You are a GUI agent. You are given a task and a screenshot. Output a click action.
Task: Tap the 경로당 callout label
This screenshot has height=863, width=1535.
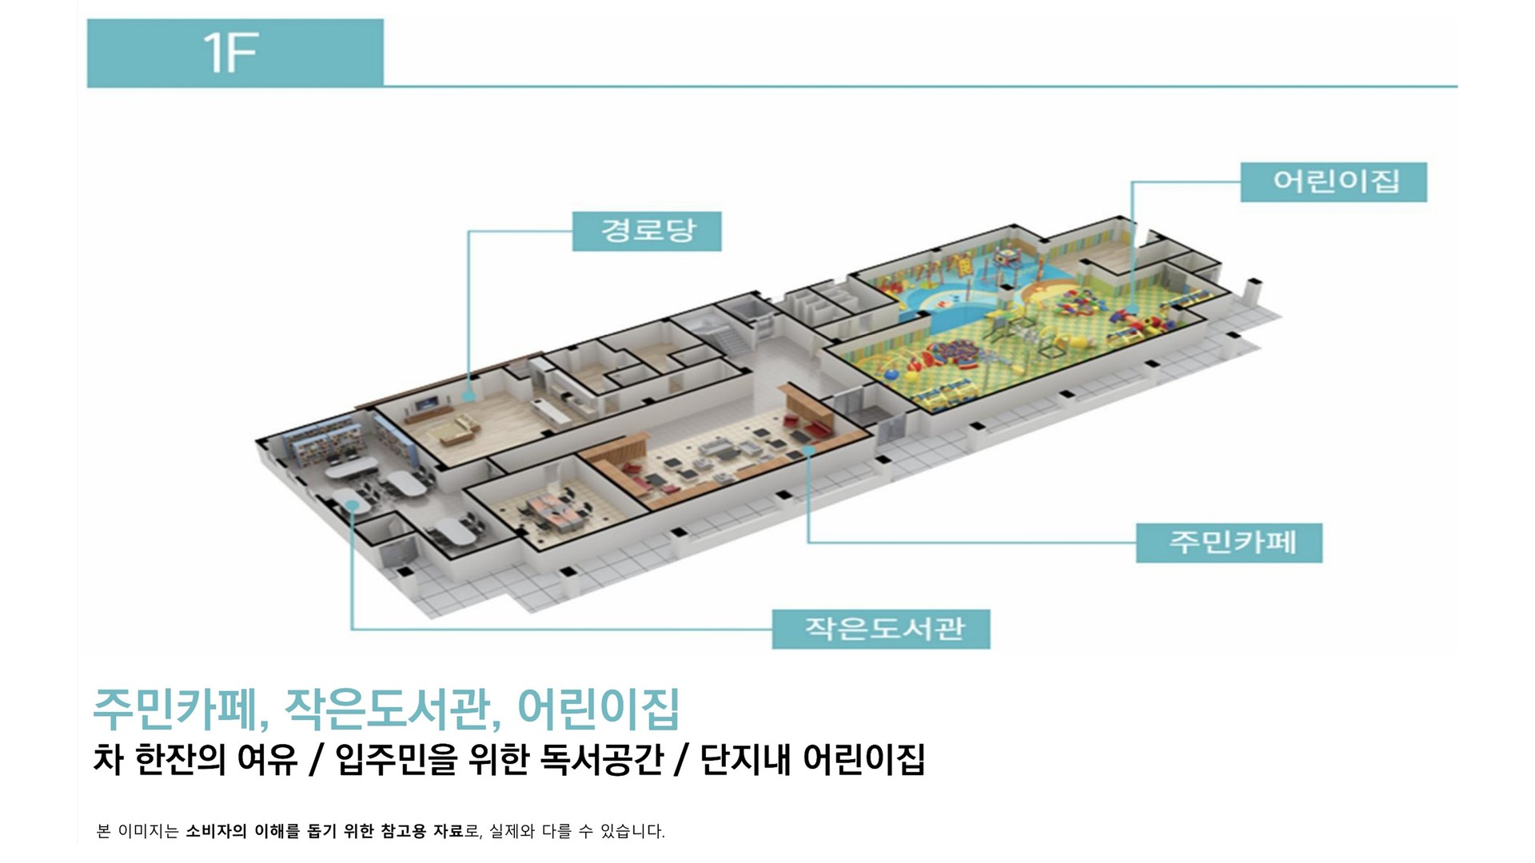click(x=647, y=231)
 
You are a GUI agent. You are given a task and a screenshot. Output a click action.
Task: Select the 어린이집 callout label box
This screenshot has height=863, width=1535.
click(x=1333, y=182)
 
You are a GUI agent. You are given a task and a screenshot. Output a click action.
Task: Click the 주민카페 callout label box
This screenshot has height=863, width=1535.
click(x=1229, y=543)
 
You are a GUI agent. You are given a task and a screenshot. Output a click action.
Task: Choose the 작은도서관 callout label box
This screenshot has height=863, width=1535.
click(x=880, y=629)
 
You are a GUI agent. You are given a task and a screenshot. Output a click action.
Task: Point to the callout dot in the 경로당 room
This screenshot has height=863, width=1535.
click(x=469, y=394)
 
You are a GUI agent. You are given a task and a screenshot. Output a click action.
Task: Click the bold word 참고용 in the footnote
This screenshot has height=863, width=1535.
click(x=403, y=831)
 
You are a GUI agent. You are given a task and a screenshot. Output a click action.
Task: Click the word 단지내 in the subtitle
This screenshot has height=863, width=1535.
click(x=744, y=759)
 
